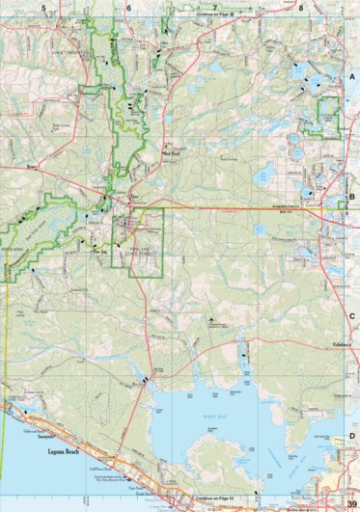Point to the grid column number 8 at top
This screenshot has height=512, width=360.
[x=300, y=7]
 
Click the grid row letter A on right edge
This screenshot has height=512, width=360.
[x=352, y=75]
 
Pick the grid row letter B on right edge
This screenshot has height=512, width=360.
[x=352, y=196]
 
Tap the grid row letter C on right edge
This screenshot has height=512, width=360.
[x=352, y=316]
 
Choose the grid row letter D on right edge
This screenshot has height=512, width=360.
[x=352, y=437]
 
